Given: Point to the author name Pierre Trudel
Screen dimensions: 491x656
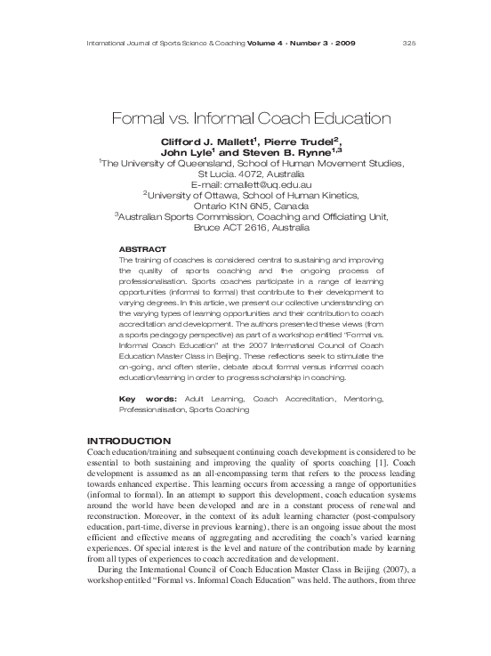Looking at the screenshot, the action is click(303, 142).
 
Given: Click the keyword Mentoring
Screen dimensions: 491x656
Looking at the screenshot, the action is click(359, 398).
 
